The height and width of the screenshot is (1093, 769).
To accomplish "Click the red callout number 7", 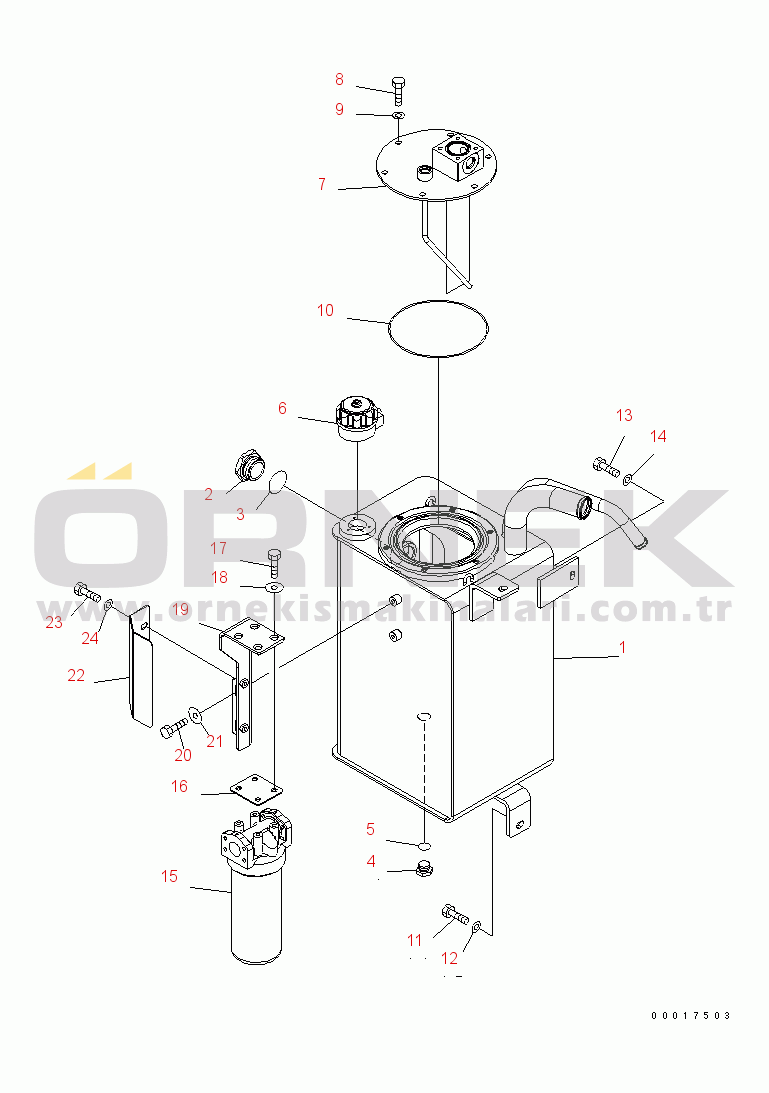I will click(x=322, y=184).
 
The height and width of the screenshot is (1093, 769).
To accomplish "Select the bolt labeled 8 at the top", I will click(x=399, y=89).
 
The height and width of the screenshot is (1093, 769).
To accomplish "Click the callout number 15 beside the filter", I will click(x=169, y=876).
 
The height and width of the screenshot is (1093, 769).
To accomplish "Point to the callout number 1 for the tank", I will click(x=622, y=647).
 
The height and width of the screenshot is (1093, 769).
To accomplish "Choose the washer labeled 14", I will click(x=628, y=481).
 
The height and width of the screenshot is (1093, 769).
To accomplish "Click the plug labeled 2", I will click(x=247, y=468).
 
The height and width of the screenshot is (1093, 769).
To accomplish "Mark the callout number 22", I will click(x=76, y=675).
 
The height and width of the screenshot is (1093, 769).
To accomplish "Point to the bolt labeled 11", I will click(x=453, y=912).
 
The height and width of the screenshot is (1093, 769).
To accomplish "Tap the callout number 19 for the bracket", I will click(x=180, y=609).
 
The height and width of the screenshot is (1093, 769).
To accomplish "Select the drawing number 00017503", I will click(x=690, y=1015).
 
